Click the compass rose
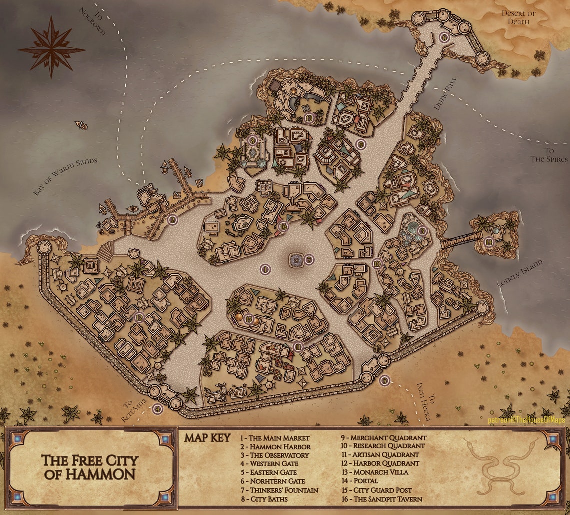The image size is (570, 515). click(51, 48)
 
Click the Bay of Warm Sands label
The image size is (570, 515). click(65, 176)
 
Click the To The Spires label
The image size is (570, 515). click(549, 155)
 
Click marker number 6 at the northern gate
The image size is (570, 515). click(444, 37)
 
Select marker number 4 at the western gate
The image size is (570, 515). click(158, 409)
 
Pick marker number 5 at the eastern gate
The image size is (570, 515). click(384, 381)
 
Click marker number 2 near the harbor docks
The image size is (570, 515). click(173, 219)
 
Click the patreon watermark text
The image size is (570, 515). click(526, 420)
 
